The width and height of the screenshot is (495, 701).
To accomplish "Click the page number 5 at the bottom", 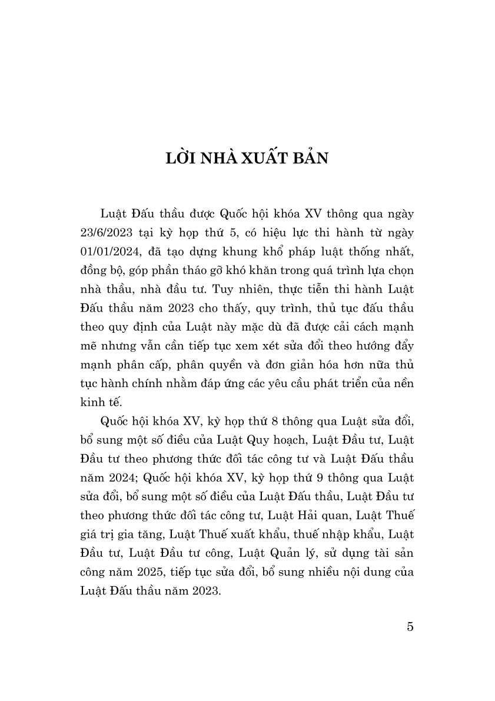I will [410, 626].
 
